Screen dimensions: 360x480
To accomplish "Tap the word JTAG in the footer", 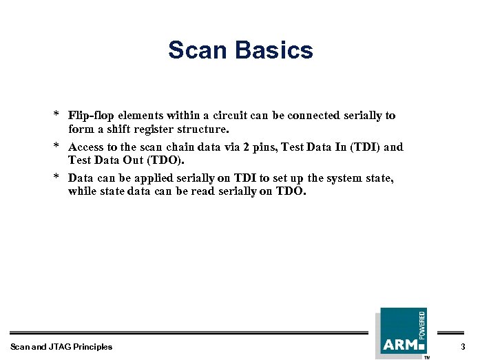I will pos(62,347).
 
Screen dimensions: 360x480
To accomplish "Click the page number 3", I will pos(463,346).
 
